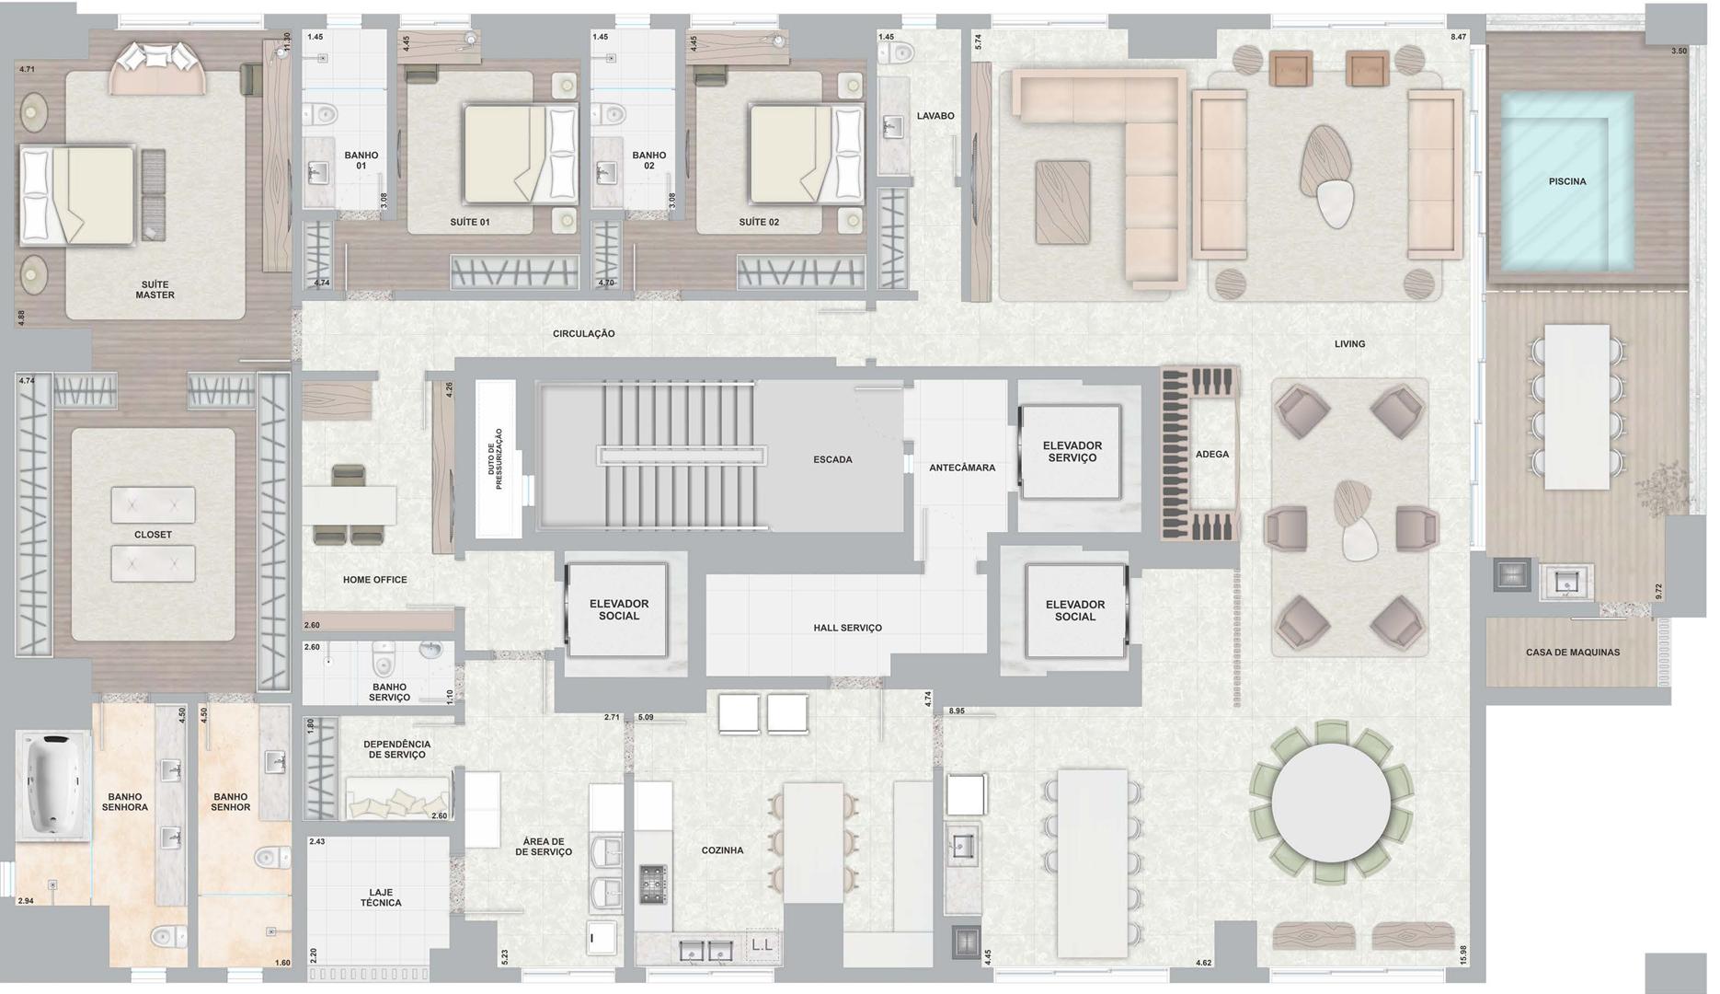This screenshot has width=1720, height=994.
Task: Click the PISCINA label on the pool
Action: point(1566,181)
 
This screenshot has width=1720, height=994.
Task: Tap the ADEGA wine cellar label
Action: point(1211,454)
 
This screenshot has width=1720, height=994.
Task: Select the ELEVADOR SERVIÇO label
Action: point(1072,452)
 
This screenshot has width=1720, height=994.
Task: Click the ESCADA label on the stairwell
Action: point(832,459)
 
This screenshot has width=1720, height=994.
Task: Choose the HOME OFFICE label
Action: point(374,580)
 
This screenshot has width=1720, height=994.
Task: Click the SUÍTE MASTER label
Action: point(155,290)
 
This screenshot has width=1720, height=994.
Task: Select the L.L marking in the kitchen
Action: point(762,945)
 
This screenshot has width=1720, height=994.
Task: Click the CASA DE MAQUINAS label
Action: point(1573,653)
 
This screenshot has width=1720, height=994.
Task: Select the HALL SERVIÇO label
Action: point(847,628)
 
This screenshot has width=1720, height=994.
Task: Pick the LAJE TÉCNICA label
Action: point(381,897)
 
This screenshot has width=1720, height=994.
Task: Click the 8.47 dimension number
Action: point(1458,37)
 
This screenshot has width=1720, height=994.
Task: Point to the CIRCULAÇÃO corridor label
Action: point(583,333)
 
